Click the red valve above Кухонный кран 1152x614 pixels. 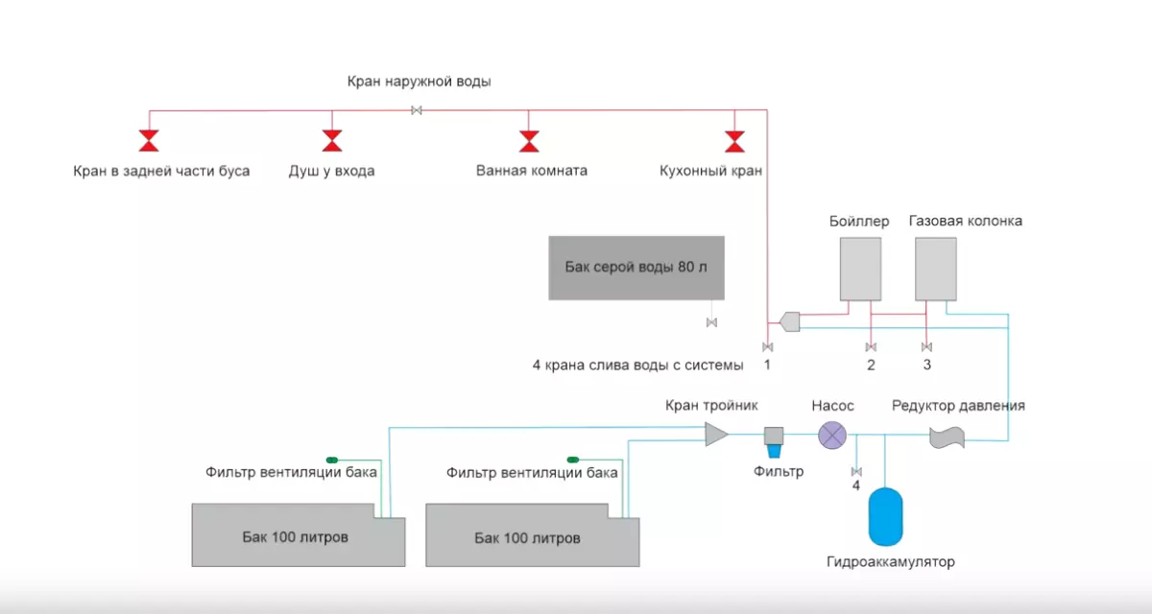coord(734,142)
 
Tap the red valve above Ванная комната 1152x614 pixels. coord(528,142)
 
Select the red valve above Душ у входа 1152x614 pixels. coord(331,142)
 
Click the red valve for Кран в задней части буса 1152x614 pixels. coord(149,142)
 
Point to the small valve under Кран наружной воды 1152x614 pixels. coord(417,110)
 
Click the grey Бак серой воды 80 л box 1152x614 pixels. coord(636,268)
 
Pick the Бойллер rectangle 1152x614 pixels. coord(860,269)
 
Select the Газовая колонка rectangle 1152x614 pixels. coord(935,269)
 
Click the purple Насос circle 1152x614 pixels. coord(831,437)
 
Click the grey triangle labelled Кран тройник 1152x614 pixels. coord(716,434)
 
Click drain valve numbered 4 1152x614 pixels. coord(856,471)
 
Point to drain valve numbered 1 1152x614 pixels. coord(767,346)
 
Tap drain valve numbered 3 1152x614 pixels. coord(926,346)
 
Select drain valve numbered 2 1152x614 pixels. coord(871,346)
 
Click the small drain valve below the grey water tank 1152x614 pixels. coord(711,322)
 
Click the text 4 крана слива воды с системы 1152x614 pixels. coord(637,365)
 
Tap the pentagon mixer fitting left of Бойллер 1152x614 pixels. coord(790,320)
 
